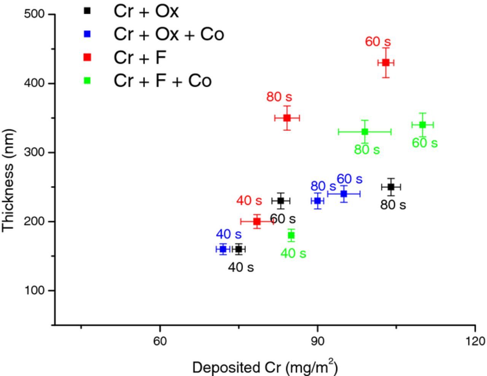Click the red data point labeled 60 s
[x=386, y=63]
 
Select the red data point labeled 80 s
[x=287, y=118]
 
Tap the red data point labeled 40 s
[x=257, y=221]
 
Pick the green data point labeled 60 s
[x=422, y=125]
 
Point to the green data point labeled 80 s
[x=365, y=132]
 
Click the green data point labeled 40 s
[x=291, y=235]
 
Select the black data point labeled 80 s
[x=391, y=187]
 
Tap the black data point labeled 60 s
[x=281, y=201]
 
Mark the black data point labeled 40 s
[x=239, y=249]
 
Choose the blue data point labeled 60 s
[x=344, y=194]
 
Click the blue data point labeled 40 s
[x=223, y=249]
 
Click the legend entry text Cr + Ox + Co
[x=169, y=34]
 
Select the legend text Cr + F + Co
[x=162, y=81]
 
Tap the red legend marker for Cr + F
[x=87, y=57]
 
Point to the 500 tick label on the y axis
[x=34, y=14]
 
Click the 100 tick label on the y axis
[x=34, y=290]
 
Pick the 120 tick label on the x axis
[x=475, y=341]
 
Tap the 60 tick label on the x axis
[x=160, y=341]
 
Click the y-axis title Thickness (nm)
[x=8, y=180]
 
